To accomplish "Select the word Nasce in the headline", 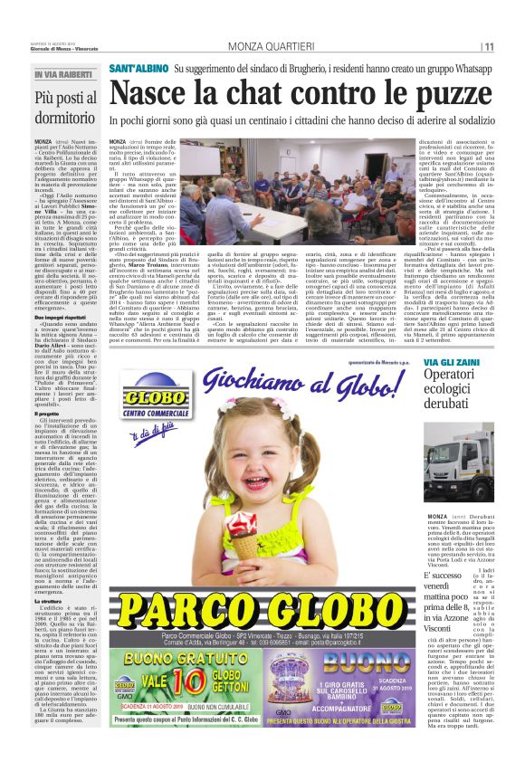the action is click(149, 93).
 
